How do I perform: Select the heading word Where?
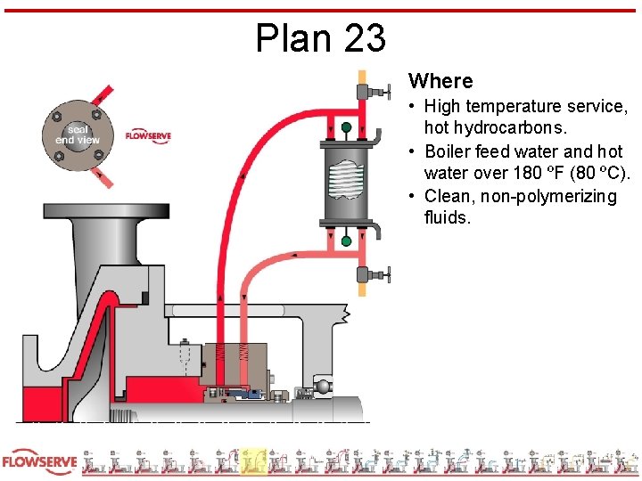pyautogui.click(x=440, y=81)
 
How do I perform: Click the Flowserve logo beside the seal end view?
pyautogui.click(x=148, y=135)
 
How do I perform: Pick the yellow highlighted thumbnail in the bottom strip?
pyautogui.click(x=253, y=461)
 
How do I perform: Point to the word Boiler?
pyautogui.click(x=450, y=151)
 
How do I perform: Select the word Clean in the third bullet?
pyautogui.click(x=447, y=196)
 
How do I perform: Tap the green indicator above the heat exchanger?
pyautogui.click(x=346, y=130)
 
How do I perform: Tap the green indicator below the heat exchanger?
pyautogui.click(x=346, y=240)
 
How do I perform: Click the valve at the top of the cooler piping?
pyautogui.click(x=368, y=91)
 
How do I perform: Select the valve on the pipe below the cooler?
pyautogui.click(x=368, y=274)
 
